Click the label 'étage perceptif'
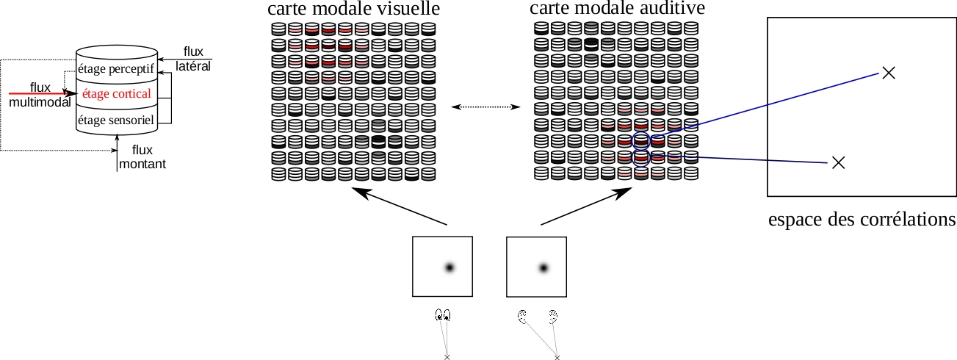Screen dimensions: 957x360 [x=116, y=69]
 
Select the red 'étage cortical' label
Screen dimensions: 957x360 [x=116, y=93]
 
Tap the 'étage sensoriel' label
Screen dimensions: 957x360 [x=116, y=120]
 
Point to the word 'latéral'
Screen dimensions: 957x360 [x=193, y=66]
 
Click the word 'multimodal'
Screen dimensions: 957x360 [x=40, y=102]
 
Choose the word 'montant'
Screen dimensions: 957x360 [x=142, y=164]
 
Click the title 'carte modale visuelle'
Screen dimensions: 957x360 [x=354, y=9]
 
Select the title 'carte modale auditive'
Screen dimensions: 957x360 [x=618, y=8]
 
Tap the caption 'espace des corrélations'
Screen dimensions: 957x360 [x=862, y=220]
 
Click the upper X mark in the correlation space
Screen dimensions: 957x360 [x=889, y=73]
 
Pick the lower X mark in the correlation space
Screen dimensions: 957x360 [x=839, y=162]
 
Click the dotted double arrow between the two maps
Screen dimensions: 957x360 [x=485, y=107]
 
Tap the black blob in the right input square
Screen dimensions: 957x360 [x=543, y=268]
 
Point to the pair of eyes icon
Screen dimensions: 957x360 [x=443, y=315]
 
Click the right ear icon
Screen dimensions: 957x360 [x=553, y=317]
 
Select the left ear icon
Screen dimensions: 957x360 [x=522, y=317]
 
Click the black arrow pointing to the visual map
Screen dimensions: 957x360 [x=399, y=206]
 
